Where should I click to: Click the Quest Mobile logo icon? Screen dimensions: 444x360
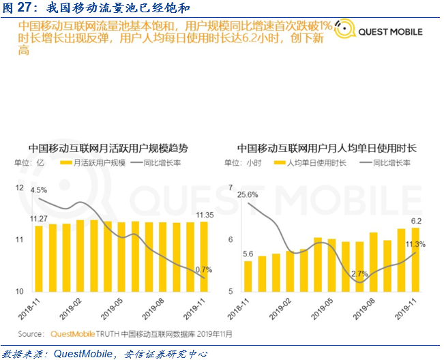344,29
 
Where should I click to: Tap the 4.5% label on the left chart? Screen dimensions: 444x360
39,190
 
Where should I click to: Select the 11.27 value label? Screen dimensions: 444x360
38,219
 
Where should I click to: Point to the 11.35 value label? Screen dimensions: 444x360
205,215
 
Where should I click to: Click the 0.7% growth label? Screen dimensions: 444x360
204,270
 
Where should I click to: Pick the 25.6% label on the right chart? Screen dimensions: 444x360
248,195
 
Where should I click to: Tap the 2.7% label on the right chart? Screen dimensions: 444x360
359,274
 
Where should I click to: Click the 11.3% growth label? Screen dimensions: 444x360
415,244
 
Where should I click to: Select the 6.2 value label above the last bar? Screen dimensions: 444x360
416,221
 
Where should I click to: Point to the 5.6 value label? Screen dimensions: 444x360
248,254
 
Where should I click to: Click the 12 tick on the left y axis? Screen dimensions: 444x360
19,187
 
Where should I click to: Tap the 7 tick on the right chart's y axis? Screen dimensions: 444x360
231,187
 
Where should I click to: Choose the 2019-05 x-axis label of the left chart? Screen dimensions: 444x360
112,309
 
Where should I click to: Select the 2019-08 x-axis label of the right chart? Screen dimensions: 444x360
364,309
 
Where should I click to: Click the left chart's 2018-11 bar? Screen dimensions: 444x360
39,258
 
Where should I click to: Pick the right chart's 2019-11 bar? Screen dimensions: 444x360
415,260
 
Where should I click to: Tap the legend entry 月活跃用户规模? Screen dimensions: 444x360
93,163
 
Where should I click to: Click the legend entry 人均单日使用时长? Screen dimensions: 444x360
310,163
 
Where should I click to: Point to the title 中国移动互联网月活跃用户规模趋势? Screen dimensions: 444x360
108,149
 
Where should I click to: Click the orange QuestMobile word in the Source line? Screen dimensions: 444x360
72,334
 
